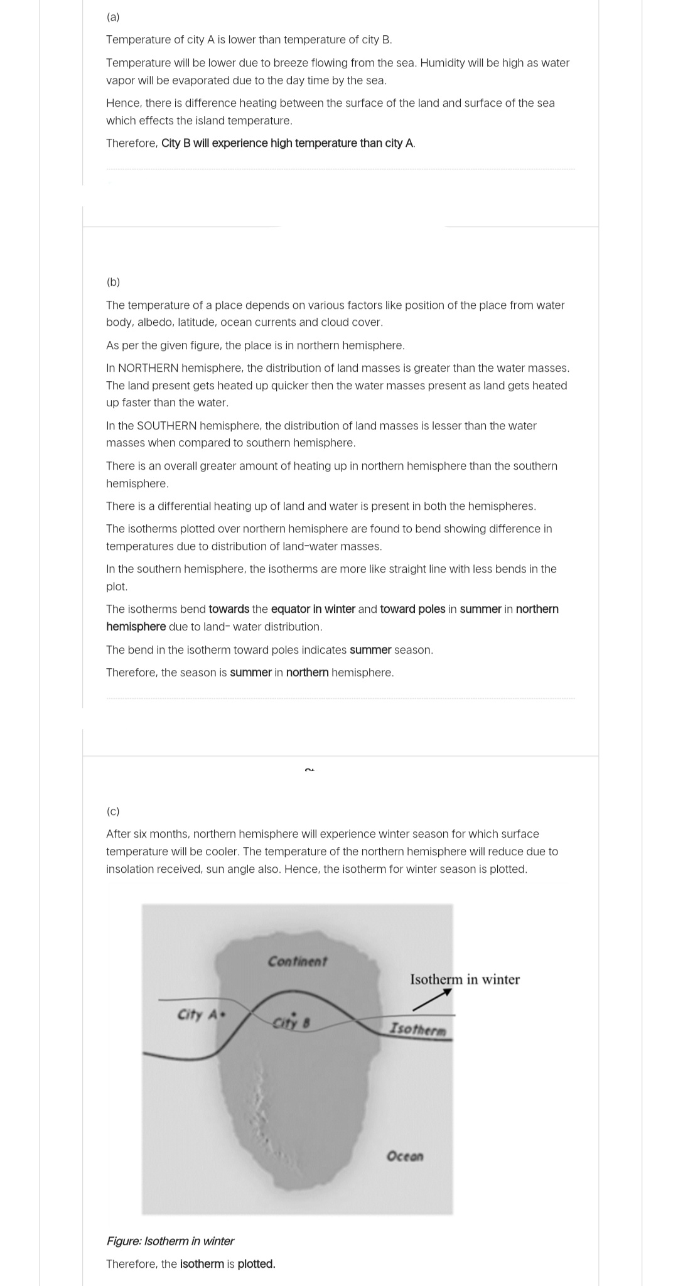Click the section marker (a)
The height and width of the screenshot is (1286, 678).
(x=113, y=17)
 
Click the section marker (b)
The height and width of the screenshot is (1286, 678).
(x=113, y=282)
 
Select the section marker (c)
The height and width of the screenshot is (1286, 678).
(x=113, y=811)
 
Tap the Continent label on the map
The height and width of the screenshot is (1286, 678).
(x=298, y=961)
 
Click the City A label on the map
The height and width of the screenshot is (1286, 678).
(x=197, y=1015)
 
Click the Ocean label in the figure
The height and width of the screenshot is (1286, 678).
(x=405, y=1156)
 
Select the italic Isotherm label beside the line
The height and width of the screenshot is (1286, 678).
(x=418, y=1029)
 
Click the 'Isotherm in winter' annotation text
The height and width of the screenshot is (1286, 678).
(x=465, y=980)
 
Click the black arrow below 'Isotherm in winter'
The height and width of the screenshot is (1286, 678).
(x=433, y=999)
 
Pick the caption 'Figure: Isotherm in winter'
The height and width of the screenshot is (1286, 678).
(x=170, y=1241)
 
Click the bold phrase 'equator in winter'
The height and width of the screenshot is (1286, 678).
(x=313, y=609)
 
